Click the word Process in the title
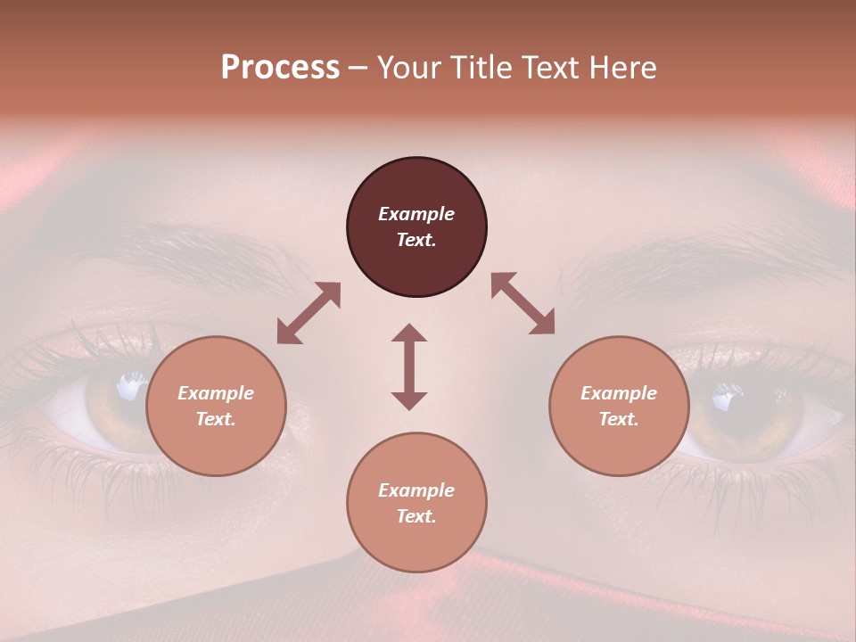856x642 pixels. (x=280, y=68)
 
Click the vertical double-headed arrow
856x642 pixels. (x=409, y=366)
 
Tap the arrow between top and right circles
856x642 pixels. (x=523, y=303)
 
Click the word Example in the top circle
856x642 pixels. (x=416, y=214)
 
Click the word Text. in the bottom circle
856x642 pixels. (x=416, y=516)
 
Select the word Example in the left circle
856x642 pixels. (x=216, y=393)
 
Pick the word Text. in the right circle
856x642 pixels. (x=619, y=419)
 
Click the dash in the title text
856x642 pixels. (x=358, y=69)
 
